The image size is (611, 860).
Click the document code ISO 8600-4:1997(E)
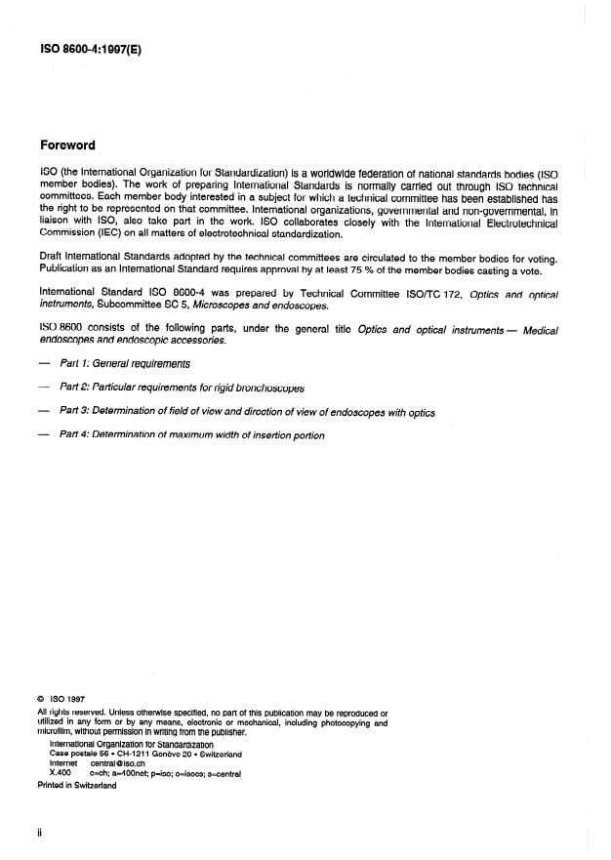(91, 45)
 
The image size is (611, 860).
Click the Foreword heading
(67, 145)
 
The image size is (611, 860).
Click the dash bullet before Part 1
(42, 363)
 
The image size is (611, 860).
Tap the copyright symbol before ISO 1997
(40, 699)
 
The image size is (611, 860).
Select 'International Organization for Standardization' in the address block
(131, 744)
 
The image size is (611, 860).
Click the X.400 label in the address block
(60, 774)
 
